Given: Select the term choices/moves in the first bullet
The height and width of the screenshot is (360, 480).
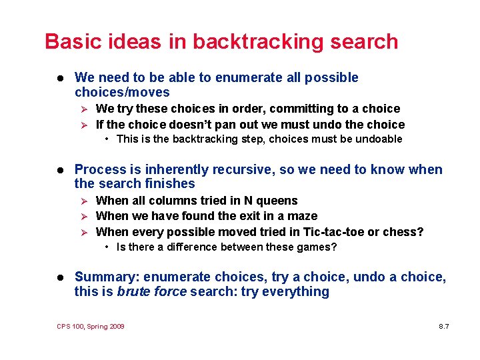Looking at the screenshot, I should [x=122, y=92].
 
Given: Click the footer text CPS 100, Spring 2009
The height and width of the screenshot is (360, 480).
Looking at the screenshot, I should [x=91, y=326].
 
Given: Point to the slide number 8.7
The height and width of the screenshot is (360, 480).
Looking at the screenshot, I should [x=444, y=326].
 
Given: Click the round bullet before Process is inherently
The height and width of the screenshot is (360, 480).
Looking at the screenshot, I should [x=60, y=170].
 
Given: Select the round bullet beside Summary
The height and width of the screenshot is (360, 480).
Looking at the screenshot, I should [x=60, y=277].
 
